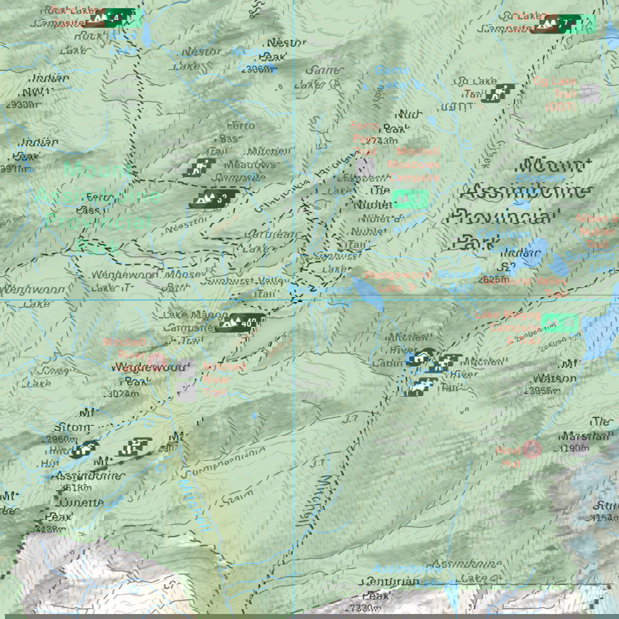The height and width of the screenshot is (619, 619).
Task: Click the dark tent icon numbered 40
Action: [x=243, y=322]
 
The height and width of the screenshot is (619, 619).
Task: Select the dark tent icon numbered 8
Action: [x=212, y=199]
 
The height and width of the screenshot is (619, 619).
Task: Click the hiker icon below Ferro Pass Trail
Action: [x=199, y=167]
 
